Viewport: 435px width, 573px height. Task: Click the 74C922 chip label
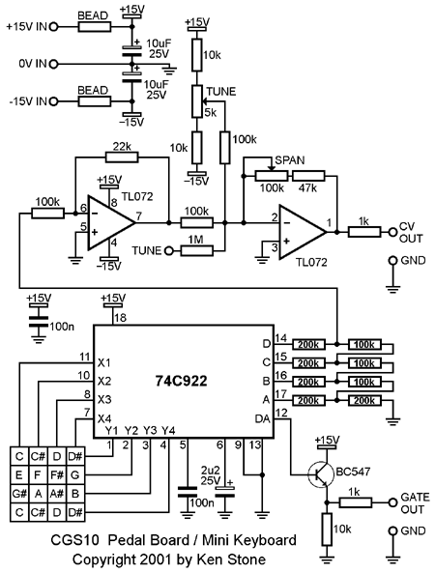[181, 381]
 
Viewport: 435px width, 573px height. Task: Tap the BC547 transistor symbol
[321, 474]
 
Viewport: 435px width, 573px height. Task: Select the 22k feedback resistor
[122, 158]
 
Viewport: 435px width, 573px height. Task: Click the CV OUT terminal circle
[393, 232]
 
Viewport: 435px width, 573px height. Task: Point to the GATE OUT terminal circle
[393, 502]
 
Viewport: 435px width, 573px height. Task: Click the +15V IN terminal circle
[53, 27]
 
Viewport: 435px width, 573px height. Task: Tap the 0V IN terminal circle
[53, 65]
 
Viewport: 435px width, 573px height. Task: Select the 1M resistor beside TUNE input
[196, 250]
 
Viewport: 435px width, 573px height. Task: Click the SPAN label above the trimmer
[290, 160]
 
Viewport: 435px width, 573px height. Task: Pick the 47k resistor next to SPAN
[308, 176]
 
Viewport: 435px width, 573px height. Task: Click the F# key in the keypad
[57, 475]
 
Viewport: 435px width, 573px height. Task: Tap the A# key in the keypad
[57, 494]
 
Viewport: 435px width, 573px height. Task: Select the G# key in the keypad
[19, 494]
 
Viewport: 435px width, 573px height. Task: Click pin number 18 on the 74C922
[120, 318]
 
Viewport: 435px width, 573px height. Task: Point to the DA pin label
[262, 418]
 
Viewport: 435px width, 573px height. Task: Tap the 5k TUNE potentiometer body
[197, 101]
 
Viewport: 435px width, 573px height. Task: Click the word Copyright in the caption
[103, 559]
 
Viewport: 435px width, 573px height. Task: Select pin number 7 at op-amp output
[139, 216]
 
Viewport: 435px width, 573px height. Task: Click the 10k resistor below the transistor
[328, 530]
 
